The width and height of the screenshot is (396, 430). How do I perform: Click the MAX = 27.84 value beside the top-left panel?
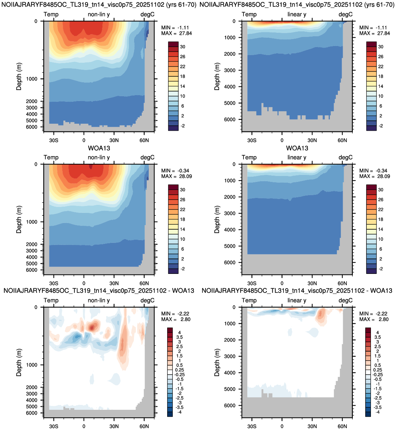[x=177, y=33]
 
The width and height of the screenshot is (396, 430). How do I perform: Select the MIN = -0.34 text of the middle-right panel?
[x=373, y=171]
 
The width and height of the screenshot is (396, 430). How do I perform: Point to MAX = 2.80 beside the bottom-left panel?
[x=176, y=320]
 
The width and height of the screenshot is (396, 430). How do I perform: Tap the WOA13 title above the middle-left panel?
[x=99, y=148]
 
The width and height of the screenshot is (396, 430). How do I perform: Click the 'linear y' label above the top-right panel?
[x=297, y=14]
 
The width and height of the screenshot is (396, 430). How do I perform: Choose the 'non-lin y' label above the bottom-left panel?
[x=99, y=300]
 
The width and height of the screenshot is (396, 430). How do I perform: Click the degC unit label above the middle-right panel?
[x=345, y=158]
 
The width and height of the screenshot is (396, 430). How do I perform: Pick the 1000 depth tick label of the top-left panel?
[x=32, y=79]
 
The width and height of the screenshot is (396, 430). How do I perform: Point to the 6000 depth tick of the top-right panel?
[x=230, y=120]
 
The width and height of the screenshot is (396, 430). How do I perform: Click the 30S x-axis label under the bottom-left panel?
[x=54, y=427]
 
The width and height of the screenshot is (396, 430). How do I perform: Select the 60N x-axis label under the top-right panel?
[x=342, y=140]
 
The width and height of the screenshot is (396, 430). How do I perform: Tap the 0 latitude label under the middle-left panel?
[x=84, y=283]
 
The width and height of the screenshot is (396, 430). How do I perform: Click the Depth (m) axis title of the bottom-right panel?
[x=217, y=362]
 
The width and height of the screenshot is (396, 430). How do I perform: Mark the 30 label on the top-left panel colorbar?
[x=183, y=47]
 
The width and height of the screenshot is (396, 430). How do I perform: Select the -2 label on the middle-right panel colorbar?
[x=381, y=269]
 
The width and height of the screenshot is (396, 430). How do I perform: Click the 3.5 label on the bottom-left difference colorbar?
[x=180, y=337]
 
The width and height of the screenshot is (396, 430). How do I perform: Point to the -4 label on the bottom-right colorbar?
[x=378, y=412]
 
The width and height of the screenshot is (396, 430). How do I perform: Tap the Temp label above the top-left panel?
[x=51, y=14]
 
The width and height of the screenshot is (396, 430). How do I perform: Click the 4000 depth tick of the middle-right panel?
[x=230, y=230]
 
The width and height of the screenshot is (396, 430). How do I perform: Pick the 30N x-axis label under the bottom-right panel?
[x=312, y=427]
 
